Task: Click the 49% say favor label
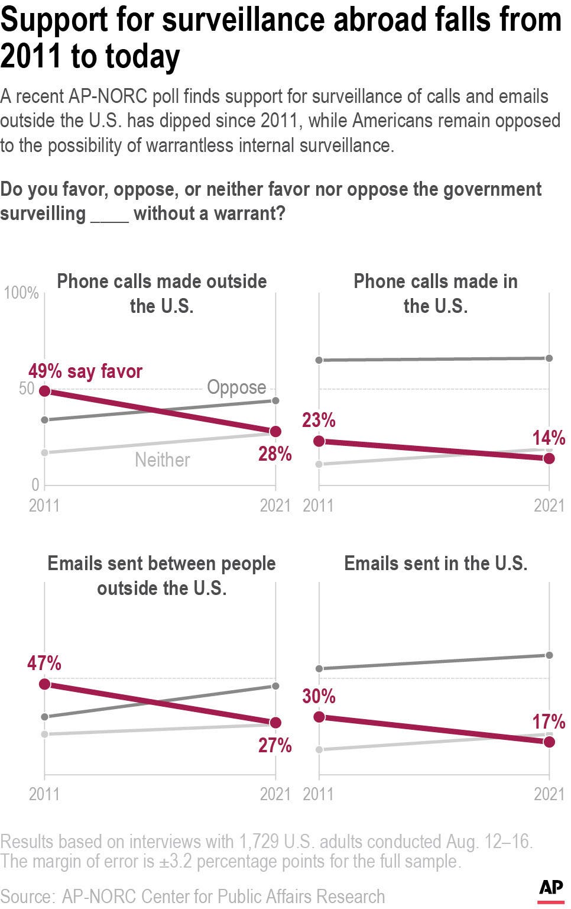tap(86, 371)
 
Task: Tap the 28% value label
tap(275, 454)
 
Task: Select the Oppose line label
tap(236, 387)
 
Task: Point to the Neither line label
tap(163, 460)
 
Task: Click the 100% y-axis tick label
tap(21, 293)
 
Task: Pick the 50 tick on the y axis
tap(27, 389)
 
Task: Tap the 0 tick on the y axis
tap(35, 485)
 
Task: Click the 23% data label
tap(319, 420)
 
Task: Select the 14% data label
tap(549, 438)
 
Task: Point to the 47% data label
tap(44, 664)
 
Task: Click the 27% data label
tap(275, 745)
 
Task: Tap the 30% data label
tap(319, 697)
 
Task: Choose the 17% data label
tap(549, 722)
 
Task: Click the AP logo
tap(550, 889)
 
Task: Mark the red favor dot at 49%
tap(44, 391)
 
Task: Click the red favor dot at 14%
tap(549, 458)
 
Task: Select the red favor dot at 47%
tap(44, 684)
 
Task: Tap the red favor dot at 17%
tap(549, 742)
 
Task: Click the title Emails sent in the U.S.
tap(436, 564)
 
